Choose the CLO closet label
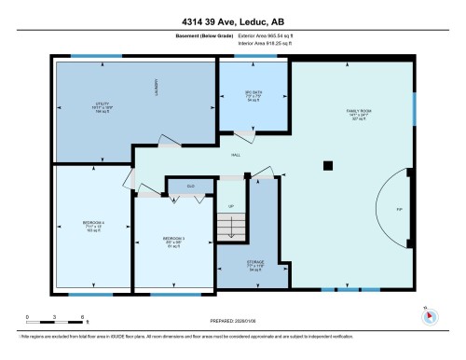pyautogui.click(x=190, y=186)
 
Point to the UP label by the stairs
pyautogui.click(x=231, y=206)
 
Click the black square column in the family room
pyautogui.click(x=326, y=166)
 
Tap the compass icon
pyautogui.click(x=430, y=314)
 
